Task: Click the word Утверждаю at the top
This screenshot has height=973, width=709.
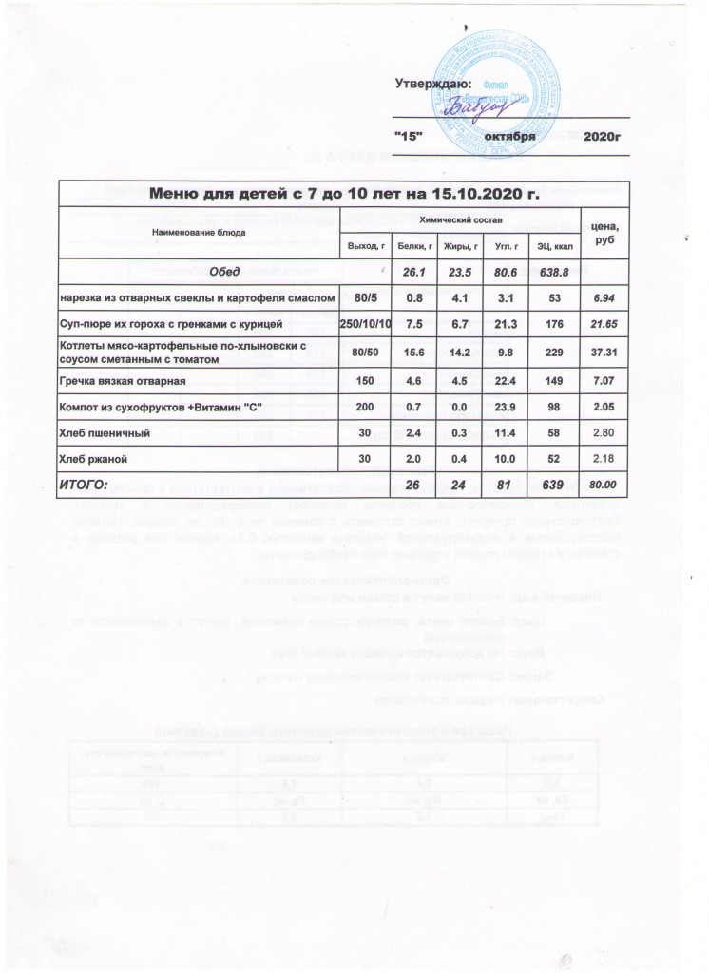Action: click(432, 85)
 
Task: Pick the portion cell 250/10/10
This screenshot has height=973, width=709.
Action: click(366, 325)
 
